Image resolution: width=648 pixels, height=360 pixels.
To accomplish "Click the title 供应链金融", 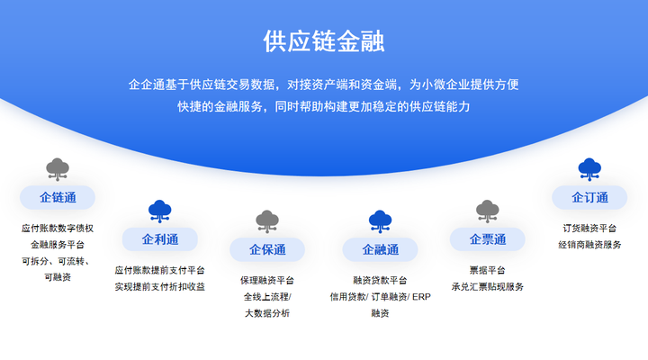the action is (324, 41).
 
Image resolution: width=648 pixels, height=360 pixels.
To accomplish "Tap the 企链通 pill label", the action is (58, 198).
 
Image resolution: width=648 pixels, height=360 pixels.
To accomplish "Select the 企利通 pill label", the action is (160, 239).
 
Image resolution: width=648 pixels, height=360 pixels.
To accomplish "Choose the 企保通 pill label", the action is (267, 249).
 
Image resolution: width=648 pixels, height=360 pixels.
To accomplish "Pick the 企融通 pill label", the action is (380, 249).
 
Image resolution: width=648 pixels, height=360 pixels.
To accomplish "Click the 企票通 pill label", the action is (488, 239).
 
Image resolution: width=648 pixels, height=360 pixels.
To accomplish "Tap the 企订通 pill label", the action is (589, 198).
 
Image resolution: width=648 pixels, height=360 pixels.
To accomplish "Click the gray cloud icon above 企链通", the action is (58, 169).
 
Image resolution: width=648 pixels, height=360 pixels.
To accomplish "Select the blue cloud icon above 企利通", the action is (160, 211).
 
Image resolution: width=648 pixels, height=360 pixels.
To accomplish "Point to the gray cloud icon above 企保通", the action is (267, 221).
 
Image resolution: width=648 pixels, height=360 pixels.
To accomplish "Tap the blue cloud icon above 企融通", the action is (380, 221).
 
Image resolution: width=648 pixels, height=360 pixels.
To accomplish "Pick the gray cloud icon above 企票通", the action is (488, 211).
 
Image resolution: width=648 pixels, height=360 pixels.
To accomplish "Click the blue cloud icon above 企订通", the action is (589, 169).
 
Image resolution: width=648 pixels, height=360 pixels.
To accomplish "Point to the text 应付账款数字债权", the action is (58, 229).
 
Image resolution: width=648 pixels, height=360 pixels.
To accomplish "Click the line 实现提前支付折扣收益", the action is (160, 287).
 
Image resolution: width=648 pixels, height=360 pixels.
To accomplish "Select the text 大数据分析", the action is (267, 313).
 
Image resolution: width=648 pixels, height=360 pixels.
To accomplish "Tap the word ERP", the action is (421, 297).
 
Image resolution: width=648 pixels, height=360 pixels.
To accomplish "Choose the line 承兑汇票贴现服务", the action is (488, 287).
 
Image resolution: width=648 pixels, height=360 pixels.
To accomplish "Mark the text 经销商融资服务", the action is (589, 245).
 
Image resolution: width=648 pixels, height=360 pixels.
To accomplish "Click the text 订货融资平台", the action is (589, 229).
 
